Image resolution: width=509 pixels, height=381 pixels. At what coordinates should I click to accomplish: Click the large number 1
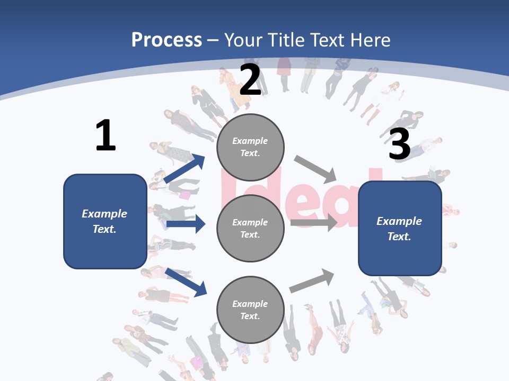[x=106, y=136]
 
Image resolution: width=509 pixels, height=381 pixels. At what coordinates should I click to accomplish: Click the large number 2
[x=250, y=80]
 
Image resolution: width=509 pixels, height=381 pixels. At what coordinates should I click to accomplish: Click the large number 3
[x=399, y=144]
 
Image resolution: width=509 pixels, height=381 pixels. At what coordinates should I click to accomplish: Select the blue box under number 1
[x=105, y=221]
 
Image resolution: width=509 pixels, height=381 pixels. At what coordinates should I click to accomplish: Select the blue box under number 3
[x=400, y=229]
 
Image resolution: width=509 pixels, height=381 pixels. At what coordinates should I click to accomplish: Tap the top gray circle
[x=250, y=147]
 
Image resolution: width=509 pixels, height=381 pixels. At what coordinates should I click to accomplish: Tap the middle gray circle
[x=250, y=228]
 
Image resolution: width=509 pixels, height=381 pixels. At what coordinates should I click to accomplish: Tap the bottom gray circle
[x=250, y=310]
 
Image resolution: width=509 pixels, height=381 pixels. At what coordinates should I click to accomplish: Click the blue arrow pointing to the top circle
[x=185, y=169]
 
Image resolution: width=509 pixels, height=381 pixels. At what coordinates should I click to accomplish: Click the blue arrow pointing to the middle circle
[x=186, y=224]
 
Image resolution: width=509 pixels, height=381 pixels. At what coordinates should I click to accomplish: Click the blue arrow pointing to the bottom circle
[x=186, y=282]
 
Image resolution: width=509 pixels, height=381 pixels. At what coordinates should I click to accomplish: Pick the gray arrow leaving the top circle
[x=315, y=168]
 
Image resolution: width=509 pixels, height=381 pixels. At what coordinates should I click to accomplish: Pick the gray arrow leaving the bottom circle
[x=312, y=280]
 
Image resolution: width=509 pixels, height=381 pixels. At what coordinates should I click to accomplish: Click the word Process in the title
[x=166, y=40]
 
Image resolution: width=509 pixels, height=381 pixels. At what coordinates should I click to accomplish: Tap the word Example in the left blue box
[x=104, y=214]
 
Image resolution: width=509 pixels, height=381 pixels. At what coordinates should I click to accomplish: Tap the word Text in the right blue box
[x=398, y=237]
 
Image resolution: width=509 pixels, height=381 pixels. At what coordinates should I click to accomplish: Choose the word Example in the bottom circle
[x=250, y=304]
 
